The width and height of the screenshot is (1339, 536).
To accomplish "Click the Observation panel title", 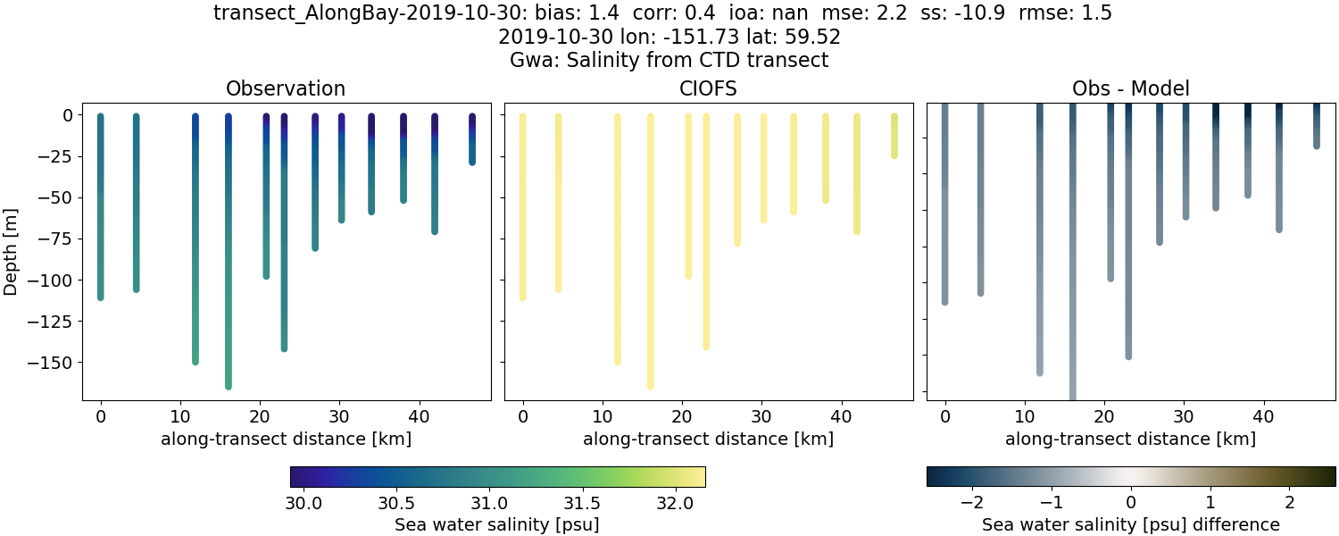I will click(286, 88).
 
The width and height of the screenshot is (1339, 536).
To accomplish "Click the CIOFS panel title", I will click(708, 88).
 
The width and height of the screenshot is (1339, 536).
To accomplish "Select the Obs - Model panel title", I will click(1130, 88).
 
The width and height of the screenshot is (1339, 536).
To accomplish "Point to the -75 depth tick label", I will click(55, 239).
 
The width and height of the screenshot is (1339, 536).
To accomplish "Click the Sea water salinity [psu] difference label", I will click(1130, 524).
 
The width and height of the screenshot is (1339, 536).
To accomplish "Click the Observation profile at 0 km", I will click(101, 205).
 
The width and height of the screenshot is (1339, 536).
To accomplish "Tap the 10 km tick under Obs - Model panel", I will click(1025, 416).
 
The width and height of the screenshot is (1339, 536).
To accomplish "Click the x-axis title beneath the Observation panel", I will click(286, 439).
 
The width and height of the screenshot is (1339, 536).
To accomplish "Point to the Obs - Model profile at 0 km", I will click(945, 205).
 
